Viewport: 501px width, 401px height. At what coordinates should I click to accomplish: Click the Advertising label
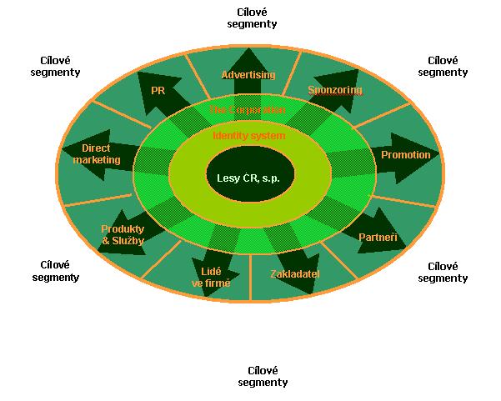248,75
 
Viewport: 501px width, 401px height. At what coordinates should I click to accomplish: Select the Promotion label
405,155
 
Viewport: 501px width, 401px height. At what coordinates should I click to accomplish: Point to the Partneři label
378,238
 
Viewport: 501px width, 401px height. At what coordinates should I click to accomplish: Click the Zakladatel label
295,273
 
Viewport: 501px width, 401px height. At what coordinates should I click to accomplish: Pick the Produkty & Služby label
123,234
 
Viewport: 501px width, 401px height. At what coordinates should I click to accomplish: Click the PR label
158,89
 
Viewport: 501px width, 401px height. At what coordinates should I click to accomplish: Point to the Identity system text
249,135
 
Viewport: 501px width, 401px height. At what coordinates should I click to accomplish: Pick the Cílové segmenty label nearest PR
60,66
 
